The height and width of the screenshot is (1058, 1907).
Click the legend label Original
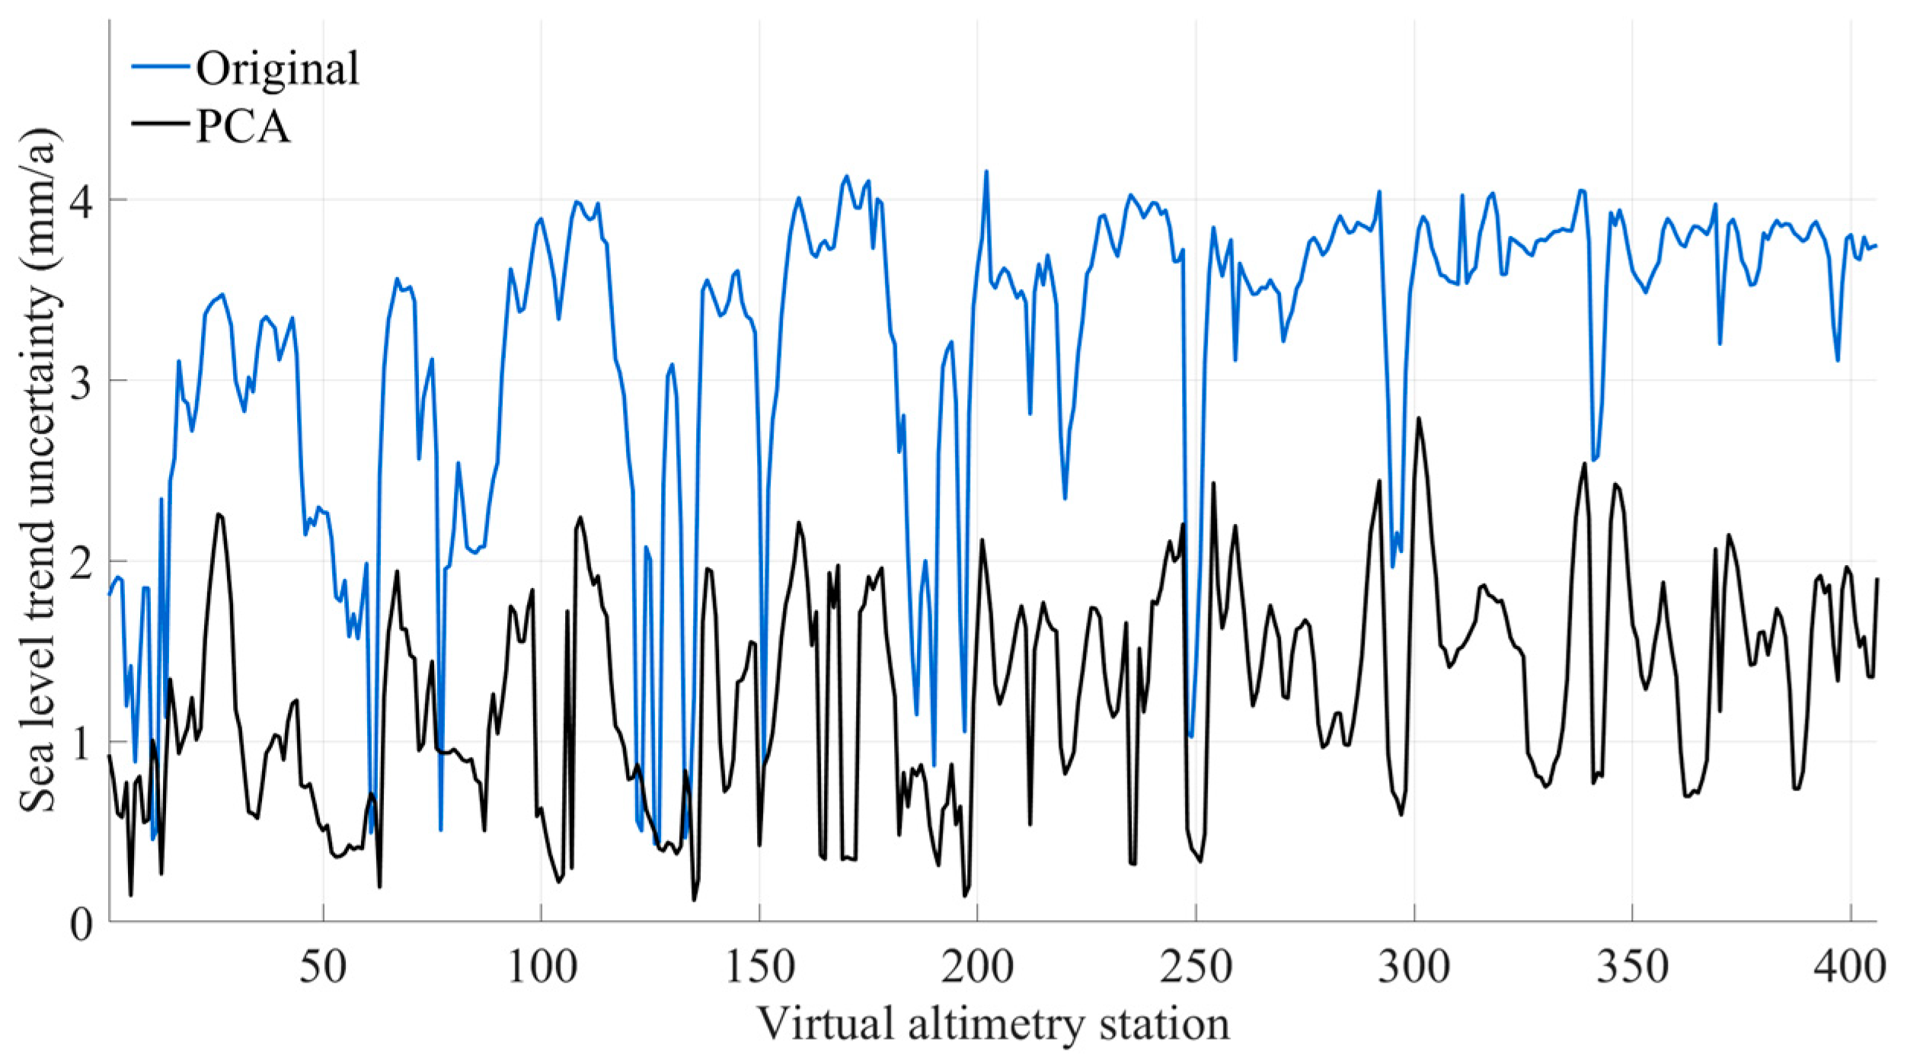277,69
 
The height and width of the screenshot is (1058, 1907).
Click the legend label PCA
243,127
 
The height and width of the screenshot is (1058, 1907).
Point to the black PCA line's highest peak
1418,417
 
